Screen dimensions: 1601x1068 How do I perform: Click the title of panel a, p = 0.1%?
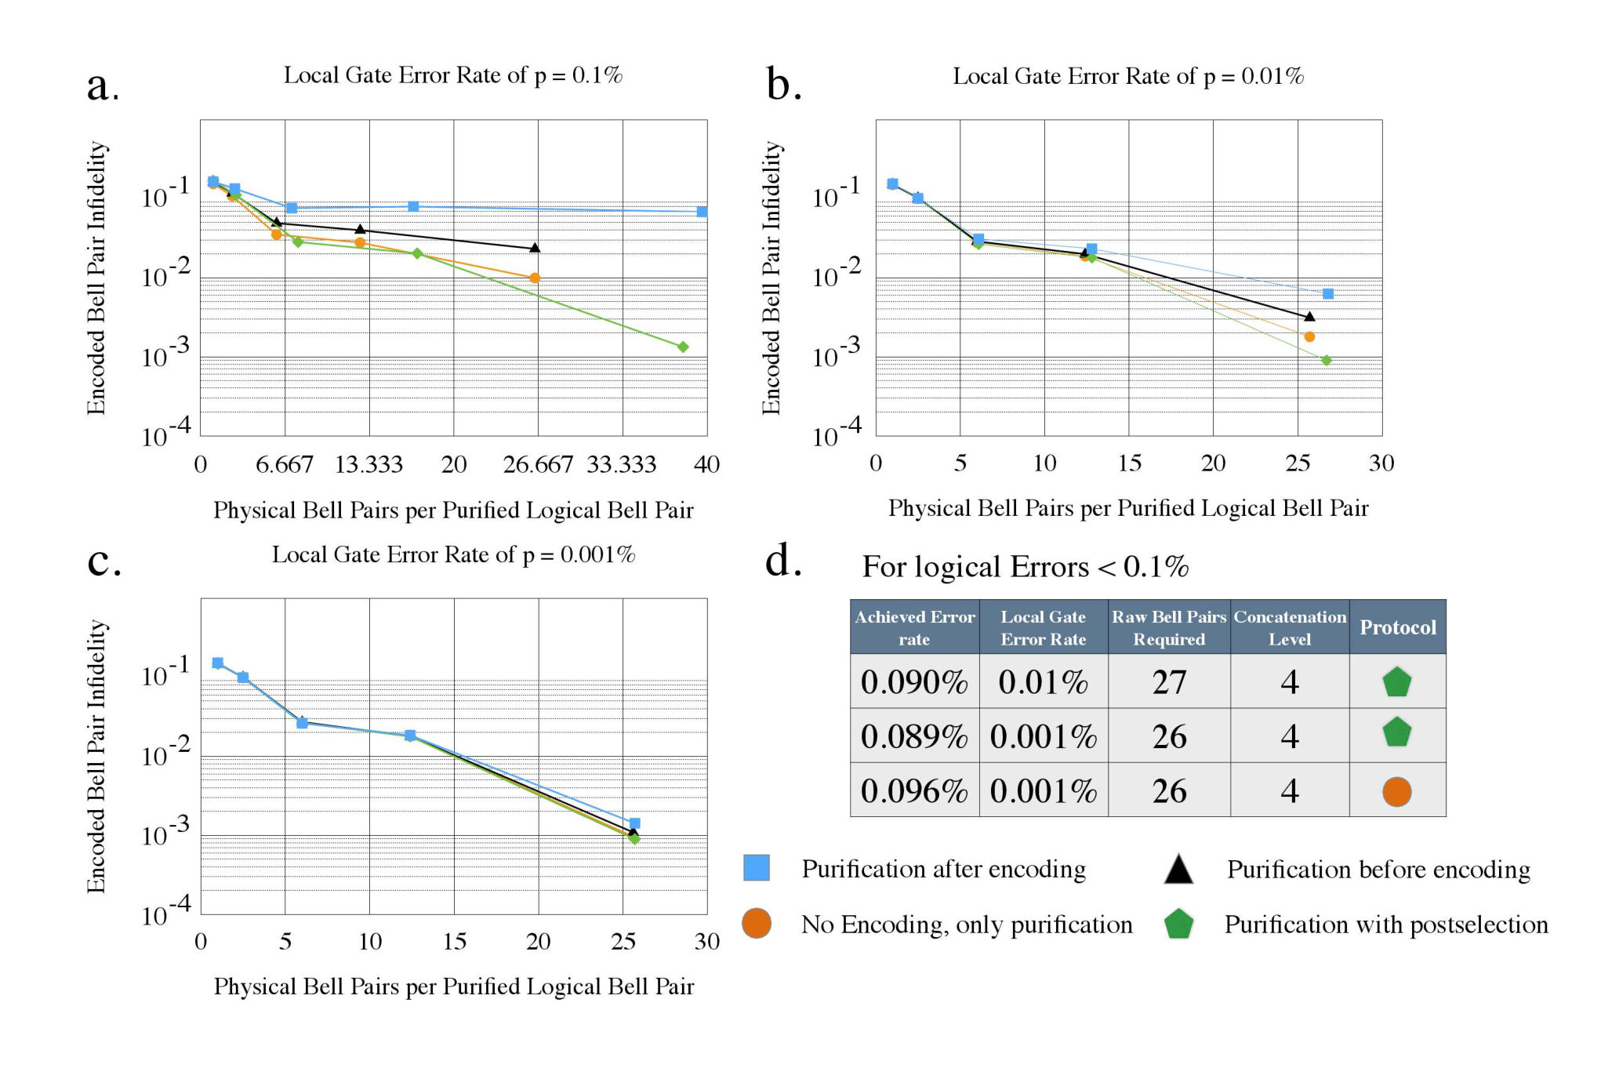453,75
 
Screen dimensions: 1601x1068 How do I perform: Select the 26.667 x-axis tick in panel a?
538,464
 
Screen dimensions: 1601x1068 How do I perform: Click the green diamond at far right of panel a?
683,347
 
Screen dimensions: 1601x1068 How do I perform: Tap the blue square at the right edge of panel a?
702,212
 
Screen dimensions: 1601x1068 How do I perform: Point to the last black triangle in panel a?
535,248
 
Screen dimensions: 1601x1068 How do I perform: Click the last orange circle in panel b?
1309,337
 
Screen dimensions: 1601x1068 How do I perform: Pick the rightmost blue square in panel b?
1328,294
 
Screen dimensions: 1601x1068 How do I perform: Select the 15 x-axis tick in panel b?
1129,463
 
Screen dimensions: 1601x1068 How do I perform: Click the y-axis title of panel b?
771,278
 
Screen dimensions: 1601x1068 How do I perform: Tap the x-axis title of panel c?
454,986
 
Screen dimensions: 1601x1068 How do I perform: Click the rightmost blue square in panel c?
635,823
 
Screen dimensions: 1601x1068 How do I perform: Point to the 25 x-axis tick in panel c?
623,941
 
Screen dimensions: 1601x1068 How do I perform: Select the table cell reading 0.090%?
914,681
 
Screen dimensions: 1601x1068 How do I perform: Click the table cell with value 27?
1169,681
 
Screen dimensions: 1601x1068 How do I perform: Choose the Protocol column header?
1398,627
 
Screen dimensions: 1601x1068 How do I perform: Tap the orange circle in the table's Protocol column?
1397,791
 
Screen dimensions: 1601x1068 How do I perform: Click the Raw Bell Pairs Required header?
1169,627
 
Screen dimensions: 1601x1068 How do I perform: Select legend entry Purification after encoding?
943,869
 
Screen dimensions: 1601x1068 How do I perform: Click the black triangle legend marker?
1178,870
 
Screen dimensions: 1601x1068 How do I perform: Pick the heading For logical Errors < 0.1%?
1026,566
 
